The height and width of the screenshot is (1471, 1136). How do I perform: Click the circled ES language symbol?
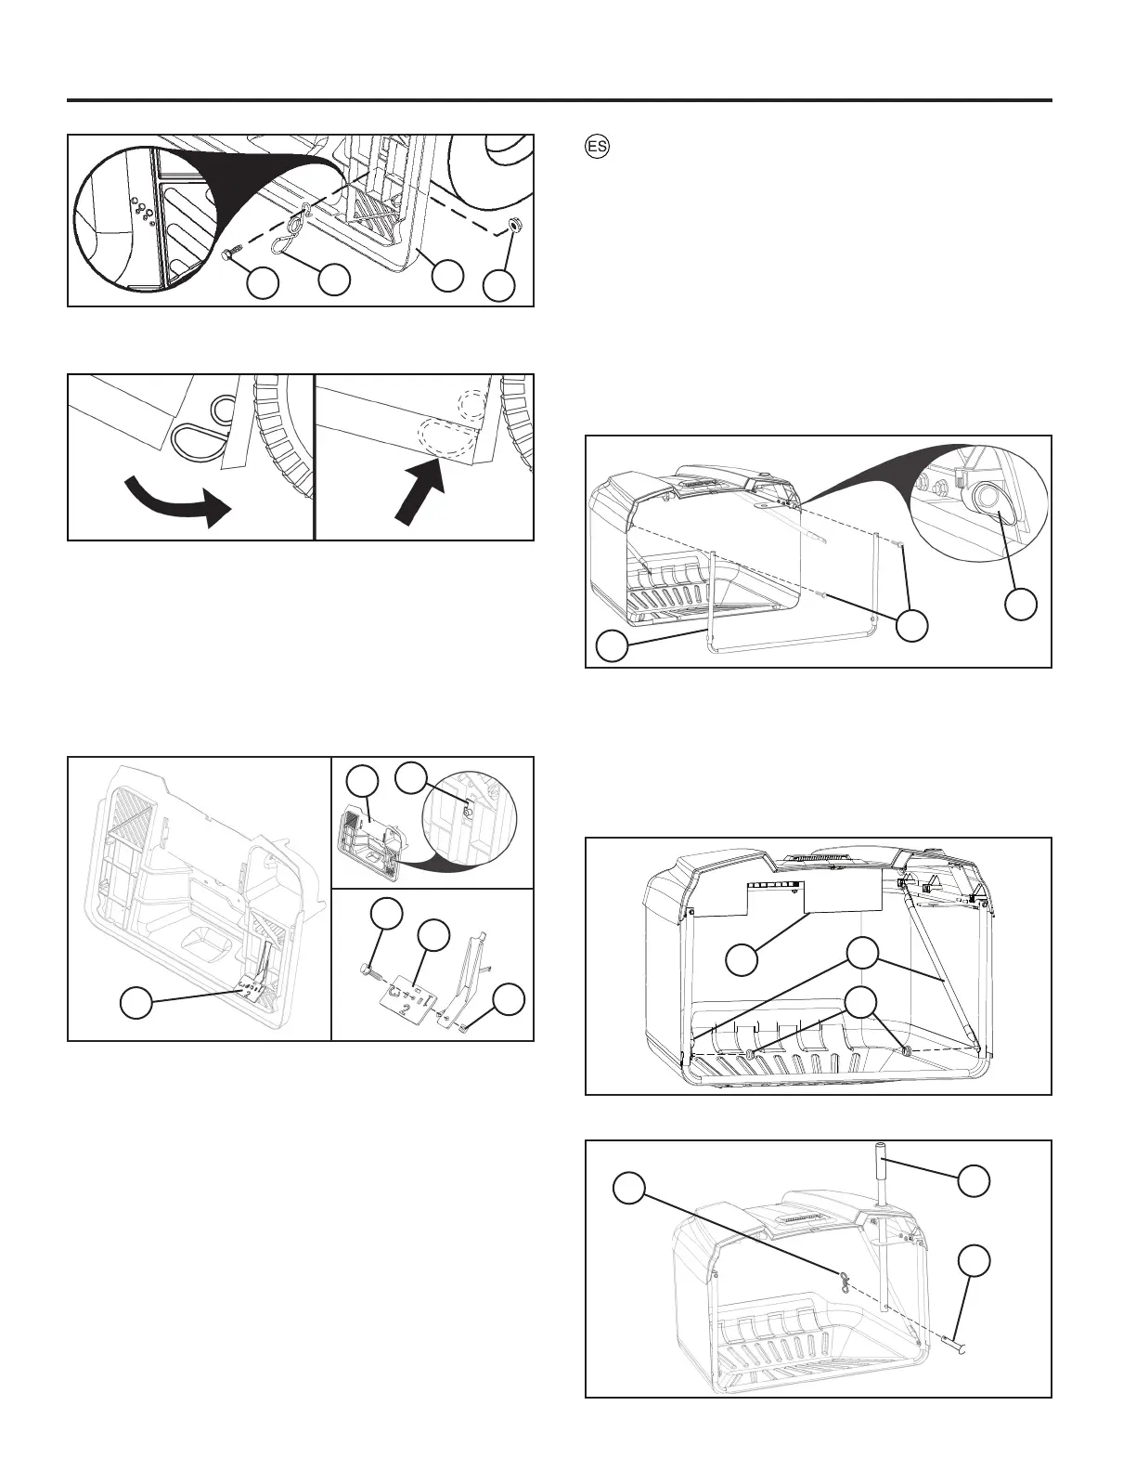tap(598, 147)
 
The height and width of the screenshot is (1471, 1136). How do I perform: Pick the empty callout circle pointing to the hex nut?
tap(500, 284)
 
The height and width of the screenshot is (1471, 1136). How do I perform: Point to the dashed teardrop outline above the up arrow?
tap(445, 435)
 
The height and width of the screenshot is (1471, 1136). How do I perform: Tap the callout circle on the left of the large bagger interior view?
tap(136, 1003)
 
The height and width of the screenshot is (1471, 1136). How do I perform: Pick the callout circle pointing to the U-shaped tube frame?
tap(613, 645)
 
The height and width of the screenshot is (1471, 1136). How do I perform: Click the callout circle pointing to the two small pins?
tap(912, 625)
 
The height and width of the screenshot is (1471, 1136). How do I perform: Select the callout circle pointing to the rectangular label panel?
tap(741, 959)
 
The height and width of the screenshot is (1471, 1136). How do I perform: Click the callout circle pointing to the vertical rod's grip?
tap(974, 1181)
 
